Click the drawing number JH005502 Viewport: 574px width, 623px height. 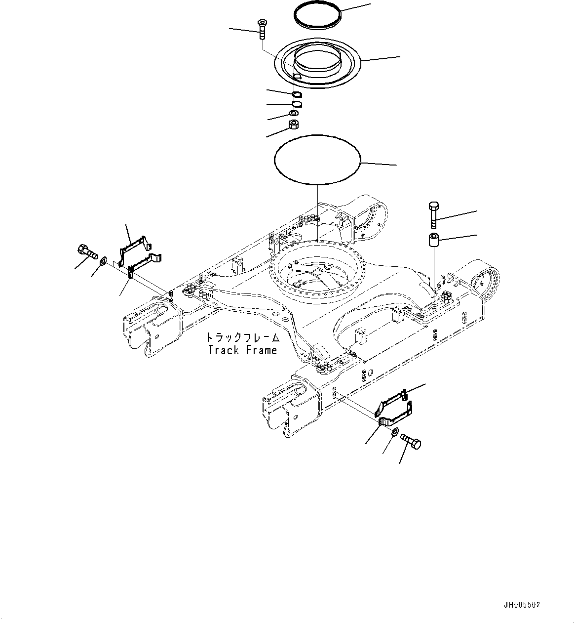point(522,604)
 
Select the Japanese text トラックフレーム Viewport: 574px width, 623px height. point(242,337)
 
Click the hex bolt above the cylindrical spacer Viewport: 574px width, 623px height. point(434,213)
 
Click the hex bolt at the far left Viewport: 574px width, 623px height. point(86,250)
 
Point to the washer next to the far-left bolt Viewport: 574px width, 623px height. point(104,260)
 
